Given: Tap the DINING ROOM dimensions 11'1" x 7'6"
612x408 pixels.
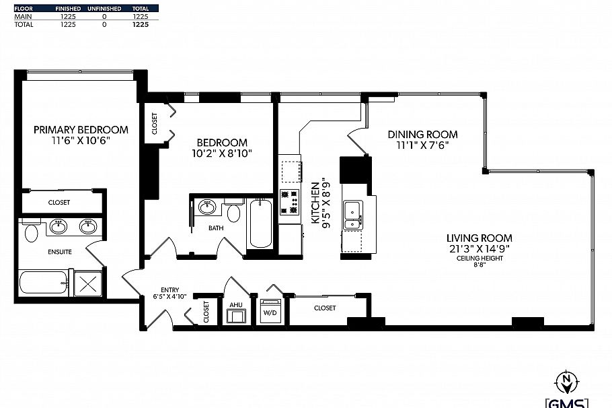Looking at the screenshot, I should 422,145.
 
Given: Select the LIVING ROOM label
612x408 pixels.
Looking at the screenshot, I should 479,238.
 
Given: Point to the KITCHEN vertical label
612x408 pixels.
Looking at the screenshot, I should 313,202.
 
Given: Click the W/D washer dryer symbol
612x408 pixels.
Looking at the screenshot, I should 270,312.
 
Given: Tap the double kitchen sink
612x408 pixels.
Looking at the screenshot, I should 352,215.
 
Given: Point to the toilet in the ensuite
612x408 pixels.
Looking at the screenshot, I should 31,234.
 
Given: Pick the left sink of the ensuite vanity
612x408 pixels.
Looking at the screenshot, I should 59,226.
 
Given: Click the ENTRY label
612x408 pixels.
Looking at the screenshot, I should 169,290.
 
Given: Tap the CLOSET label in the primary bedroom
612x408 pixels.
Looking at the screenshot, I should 59,202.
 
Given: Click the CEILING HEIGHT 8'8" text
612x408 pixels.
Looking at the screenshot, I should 480,262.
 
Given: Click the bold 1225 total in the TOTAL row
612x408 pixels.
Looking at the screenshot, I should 140,24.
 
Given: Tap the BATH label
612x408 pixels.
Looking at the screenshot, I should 216,228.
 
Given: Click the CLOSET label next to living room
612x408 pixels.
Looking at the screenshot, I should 324,308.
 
